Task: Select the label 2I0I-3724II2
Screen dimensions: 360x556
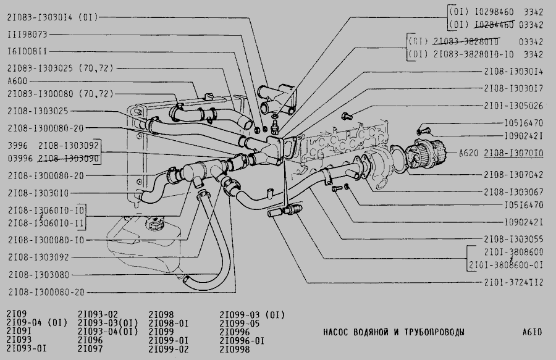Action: (x=514, y=283)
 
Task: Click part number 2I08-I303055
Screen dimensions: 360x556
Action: (x=514, y=238)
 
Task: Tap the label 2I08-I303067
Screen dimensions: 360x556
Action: (x=514, y=191)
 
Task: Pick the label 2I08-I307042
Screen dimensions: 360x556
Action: (x=514, y=174)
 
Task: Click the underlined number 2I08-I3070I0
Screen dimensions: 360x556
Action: (x=514, y=153)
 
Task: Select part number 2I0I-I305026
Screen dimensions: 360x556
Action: (x=514, y=106)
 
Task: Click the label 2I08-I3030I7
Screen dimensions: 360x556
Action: (x=514, y=88)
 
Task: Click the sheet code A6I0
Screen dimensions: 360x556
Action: (x=531, y=332)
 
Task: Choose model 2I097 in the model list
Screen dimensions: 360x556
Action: (x=90, y=350)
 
